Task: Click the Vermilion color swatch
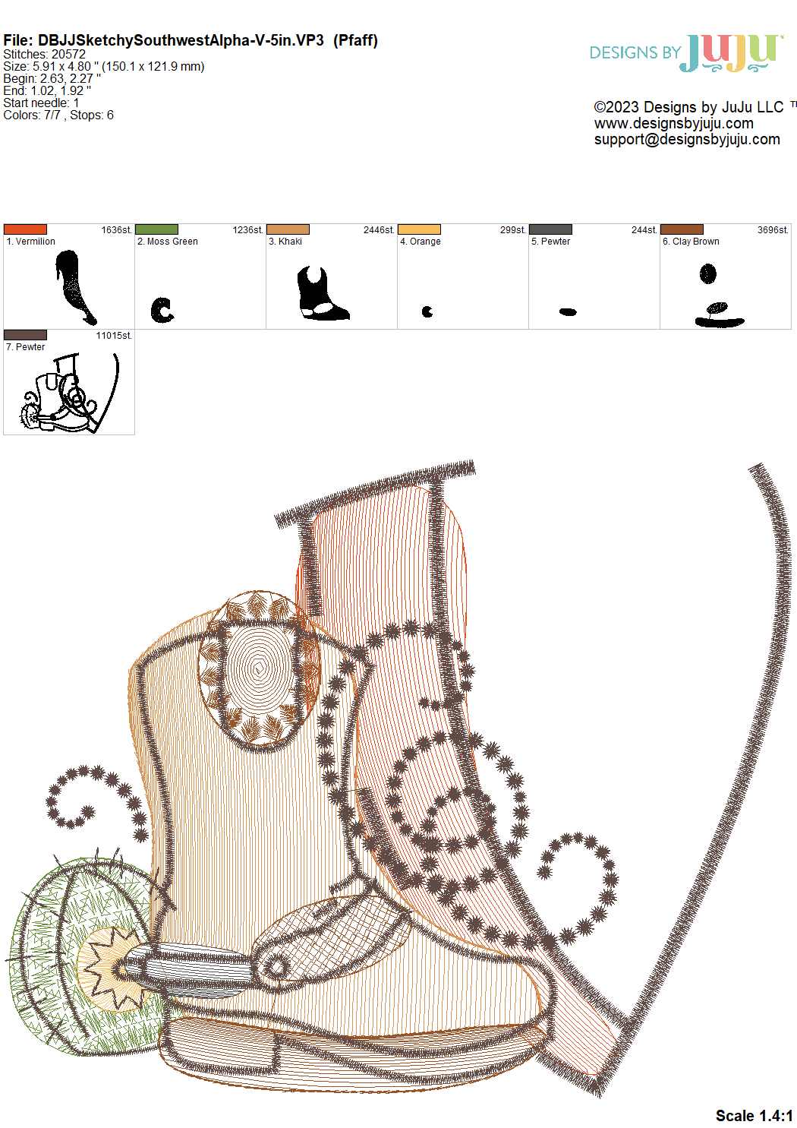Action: (25, 229)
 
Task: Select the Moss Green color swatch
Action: (156, 229)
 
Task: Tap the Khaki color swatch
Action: (288, 229)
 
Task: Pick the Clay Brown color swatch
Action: (682, 229)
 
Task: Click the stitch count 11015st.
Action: (114, 336)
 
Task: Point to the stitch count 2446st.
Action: (379, 229)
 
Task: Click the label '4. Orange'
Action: (421, 242)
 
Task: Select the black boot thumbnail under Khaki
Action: (323, 293)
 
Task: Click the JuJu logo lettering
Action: (732, 53)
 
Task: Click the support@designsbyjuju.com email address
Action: (687, 139)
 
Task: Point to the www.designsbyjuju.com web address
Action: (674, 123)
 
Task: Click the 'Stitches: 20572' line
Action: (44, 54)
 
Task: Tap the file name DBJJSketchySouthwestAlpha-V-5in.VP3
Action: (181, 40)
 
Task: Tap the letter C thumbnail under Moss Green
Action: (162, 310)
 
